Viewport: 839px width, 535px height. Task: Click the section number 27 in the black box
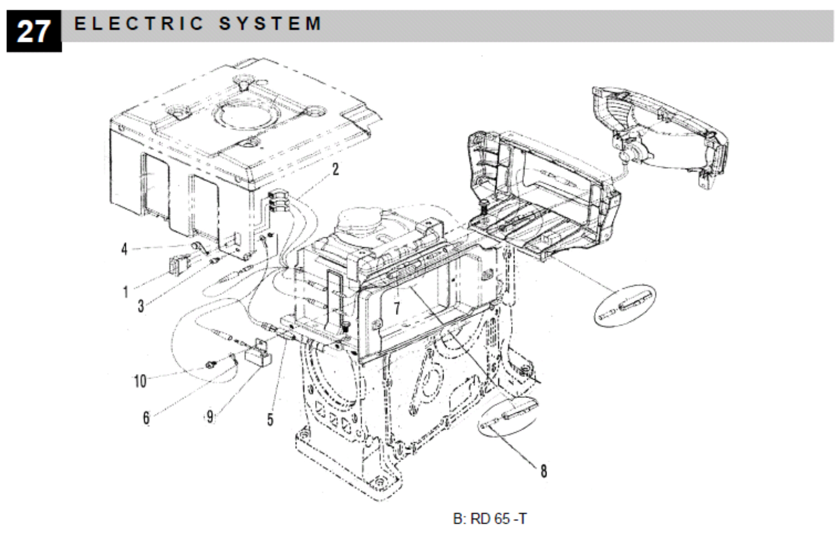33,32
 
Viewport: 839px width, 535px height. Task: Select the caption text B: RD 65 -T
490,519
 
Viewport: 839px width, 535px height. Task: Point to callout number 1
125,292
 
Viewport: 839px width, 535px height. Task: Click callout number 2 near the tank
335,169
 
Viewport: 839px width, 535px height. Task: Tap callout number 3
141,306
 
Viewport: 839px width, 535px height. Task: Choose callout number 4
124,249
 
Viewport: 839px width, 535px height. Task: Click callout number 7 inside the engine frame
397,308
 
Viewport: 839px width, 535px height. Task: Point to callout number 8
544,471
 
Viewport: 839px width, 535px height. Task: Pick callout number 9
210,416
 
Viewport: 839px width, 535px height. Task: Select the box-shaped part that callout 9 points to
258,354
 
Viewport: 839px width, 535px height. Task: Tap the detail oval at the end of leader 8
510,413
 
